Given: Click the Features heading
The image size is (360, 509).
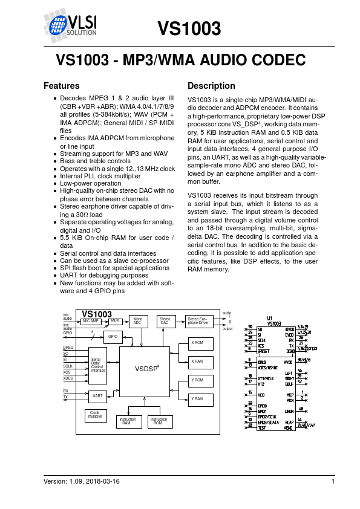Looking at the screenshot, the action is pyautogui.click(x=62, y=86).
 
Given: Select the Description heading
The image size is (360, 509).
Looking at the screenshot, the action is pyautogui.click(x=211, y=86).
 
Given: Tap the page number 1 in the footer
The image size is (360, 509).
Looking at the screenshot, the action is pyautogui.click(x=333, y=481).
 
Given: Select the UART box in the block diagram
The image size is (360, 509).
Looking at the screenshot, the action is pyautogui.click(x=97, y=396).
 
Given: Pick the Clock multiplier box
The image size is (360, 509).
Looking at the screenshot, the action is pyautogui.click(x=96, y=415).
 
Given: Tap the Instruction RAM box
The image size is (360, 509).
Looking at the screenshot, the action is pyautogui.click(x=128, y=421).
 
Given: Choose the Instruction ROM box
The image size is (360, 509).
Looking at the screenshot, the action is pyautogui.click(x=159, y=421).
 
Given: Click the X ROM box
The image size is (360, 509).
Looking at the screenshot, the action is pyautogui.click(x=197, y=343).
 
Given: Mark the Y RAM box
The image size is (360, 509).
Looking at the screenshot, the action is pyautogui.click(x=197, y=398).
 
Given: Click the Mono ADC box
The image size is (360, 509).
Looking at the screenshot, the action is pyautogui.click(x=138, y=321).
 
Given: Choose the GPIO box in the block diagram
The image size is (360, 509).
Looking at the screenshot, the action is pyautogui.click(x=113, y=337).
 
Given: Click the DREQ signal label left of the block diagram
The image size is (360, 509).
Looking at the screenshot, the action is pyautogui.click(x=68, y=348).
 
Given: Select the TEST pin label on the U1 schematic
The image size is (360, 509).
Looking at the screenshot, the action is pyautogui.click(x=261, y=427).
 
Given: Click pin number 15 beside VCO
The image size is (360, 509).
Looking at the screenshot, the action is pyautogui.click(x=250, y=392).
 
